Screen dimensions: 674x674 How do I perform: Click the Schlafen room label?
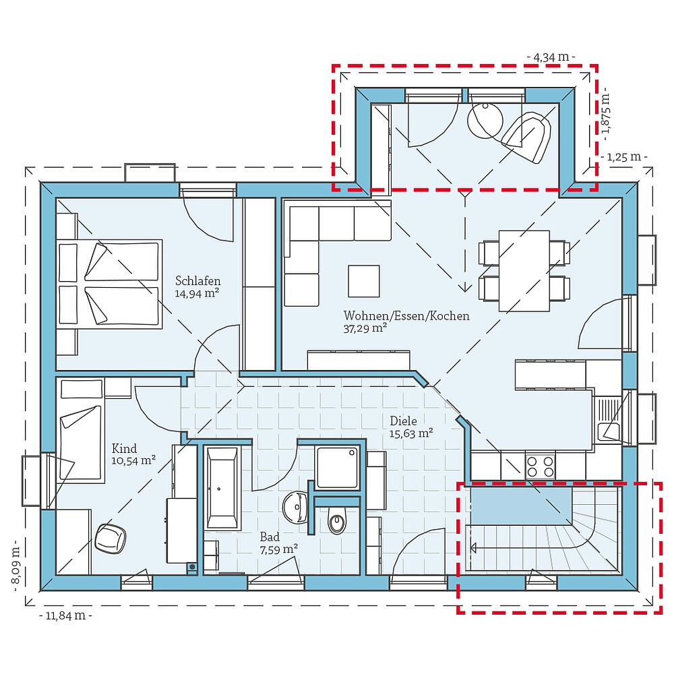click(x=197, y=281)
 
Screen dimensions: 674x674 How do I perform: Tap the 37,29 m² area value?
click(x=365, y=328)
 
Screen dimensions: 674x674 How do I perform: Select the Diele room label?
click(x=403, y=421)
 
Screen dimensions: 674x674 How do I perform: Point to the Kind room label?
click(x=125, y=449)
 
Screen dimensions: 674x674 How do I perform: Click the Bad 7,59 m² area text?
click(x=278, y=549)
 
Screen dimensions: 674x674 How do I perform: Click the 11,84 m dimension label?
click(x=65, y=615)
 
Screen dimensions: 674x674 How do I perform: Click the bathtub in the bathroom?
click(x=222, y=487)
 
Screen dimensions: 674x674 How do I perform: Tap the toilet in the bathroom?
click(x=337, y=521)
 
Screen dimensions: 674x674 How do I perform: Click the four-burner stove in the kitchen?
click(x=540, y=466)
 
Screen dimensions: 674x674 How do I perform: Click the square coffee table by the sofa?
click(x=363, y=281)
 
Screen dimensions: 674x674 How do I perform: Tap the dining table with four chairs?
click(x=524, y=270)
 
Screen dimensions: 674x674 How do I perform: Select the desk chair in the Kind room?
click(x=111, y=538)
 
